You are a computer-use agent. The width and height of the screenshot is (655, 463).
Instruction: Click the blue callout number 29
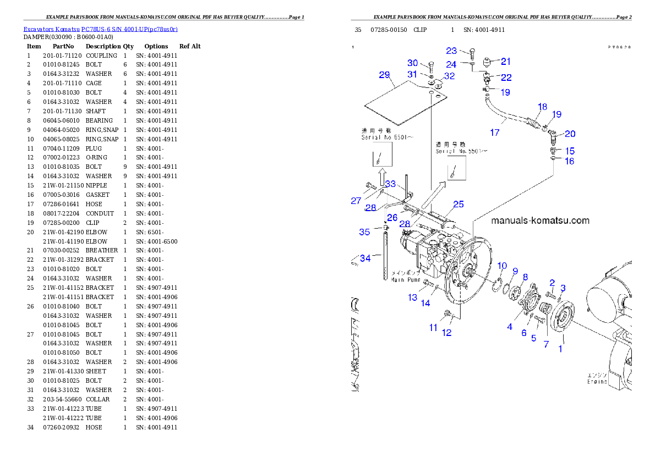[x=384, y=75]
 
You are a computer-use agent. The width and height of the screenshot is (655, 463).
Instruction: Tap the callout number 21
[x=505, y=62]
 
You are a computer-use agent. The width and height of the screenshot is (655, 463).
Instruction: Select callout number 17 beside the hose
[x=494, y=132]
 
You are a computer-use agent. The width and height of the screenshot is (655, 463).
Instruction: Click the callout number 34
[x=365, y=258]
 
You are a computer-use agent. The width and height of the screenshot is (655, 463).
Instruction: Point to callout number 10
[x=502, y=266]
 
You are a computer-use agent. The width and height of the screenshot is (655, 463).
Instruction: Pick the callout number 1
[x=561, y=348]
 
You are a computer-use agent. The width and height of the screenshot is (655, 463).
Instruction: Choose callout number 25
[x=458, y=205]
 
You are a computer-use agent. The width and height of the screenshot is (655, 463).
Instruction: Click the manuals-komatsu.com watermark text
[x=539, y=221]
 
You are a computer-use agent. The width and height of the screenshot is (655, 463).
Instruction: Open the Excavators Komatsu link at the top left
[x=100, y=29]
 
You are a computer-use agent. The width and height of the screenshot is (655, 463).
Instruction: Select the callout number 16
[x=569, y=161]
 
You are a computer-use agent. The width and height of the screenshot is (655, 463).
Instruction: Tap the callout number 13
[x=413, y=297]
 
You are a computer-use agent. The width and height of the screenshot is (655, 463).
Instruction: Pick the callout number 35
[x=364, y=232]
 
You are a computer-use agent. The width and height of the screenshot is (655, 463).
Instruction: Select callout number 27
[x=356, y=201]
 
